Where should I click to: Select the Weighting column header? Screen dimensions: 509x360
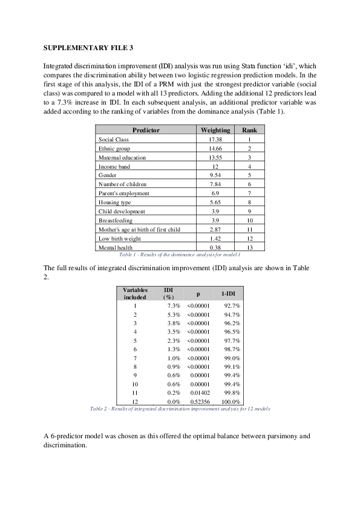tap(215, 130)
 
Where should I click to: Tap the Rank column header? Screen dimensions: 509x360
tap(249, 130)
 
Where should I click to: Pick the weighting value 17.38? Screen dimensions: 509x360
tap(215, 139)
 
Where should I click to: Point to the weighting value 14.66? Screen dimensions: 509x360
tap(215, 148)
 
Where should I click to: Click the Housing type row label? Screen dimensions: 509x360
tap(114, 203)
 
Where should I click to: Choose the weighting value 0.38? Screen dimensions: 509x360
tap(215, 248)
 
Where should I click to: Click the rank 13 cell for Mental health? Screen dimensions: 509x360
tap(249, 248)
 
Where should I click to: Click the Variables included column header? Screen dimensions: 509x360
tap(135, 293)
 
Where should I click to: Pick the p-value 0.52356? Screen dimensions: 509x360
tap(198, 401)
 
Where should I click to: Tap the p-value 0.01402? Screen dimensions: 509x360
tap(198, 392)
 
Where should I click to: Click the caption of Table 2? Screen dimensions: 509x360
tap(180, 409)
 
